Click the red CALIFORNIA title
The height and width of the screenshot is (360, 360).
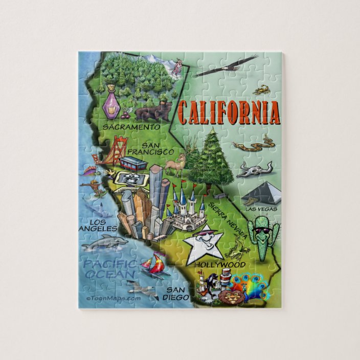click(x=229, y=113)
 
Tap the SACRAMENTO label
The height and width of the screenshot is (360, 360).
click(x=131, y=126)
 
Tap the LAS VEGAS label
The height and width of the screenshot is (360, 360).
click(x=261, y=209)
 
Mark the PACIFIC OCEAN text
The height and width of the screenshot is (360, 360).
click(x=110, y=269)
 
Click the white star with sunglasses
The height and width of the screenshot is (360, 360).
click(x=205, y=244)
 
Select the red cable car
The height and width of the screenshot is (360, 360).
click(x=133, y=163)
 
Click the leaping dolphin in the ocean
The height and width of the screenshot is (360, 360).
click(x=104, y=243)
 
